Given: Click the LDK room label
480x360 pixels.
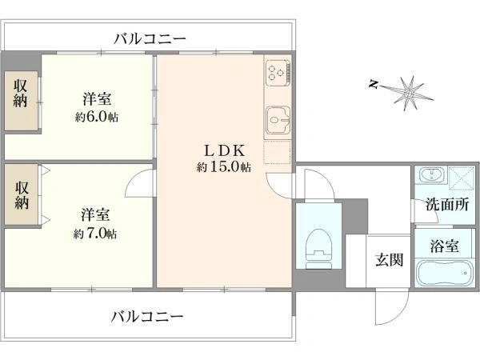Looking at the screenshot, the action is click(225, 150).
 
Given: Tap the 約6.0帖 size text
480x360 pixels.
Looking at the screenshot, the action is click(97, 117).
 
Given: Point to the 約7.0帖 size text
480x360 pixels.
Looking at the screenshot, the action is click(95, 234).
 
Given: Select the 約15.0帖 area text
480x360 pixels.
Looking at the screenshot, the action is click(224, 167).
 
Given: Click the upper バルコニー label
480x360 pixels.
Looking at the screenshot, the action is click(150, 39).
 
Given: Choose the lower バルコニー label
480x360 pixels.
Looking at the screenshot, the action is click(147, 317).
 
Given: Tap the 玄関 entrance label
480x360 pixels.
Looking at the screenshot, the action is click(389, 260).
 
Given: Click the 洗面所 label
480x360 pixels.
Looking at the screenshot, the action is click(447, 205).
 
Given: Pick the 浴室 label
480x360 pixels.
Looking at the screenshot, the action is click(445, 246).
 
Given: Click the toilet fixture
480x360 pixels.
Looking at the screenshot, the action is click(318, 249).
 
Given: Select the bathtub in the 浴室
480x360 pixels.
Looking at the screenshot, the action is click(444, 273).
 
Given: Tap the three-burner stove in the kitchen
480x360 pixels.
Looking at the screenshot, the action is click(278, 73).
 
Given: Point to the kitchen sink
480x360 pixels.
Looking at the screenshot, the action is click(278, 120).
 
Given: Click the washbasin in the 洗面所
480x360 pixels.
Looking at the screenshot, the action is click(432, 174).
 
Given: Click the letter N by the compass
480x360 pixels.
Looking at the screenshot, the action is click(373, 84).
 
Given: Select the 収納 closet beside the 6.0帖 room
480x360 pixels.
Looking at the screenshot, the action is click(21, 101).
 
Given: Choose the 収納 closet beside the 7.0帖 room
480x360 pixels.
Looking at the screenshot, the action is click(21, 194).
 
